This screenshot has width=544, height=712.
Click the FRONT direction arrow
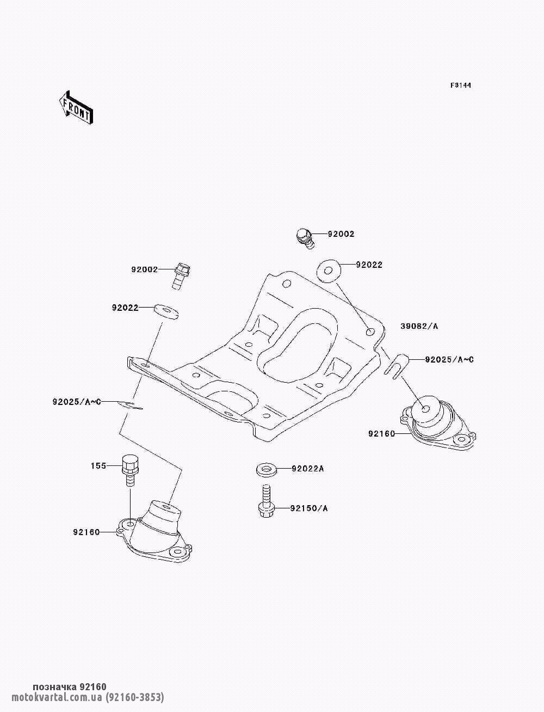76,108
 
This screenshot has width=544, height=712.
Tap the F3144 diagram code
460,85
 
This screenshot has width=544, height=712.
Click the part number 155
98,466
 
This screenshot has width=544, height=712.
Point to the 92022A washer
266,470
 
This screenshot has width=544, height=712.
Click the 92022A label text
307,469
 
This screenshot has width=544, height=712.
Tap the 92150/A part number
308,508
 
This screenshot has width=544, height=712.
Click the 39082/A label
419,326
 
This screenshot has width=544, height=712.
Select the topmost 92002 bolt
304,238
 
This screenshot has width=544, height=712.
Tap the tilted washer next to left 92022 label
166,311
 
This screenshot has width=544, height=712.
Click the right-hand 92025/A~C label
449,360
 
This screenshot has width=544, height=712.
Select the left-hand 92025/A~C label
77,402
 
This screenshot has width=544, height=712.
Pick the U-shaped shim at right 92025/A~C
396,366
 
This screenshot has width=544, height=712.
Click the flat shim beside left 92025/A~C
129,405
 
